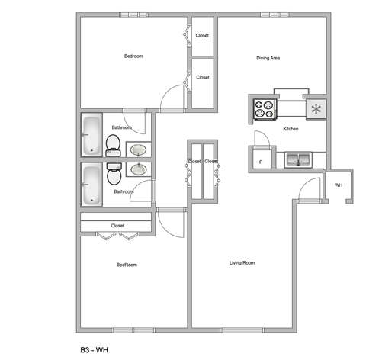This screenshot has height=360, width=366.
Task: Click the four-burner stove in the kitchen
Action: point(265,110)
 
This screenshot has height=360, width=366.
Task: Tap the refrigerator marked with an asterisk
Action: point(314,109)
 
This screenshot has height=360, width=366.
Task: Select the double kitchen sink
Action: point(297,159)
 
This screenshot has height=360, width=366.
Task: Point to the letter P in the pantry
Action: point(260,162)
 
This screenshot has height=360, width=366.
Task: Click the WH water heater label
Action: point(338,185)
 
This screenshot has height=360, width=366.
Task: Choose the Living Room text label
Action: point(242,263)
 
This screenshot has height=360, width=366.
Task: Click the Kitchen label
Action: point(291,129)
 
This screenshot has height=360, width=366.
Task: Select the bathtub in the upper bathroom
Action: point(91,135)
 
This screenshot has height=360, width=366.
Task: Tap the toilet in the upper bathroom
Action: point(113,143)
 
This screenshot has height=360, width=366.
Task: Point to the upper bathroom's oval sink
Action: point(138,150)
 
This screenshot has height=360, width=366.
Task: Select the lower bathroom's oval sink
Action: point(138,169)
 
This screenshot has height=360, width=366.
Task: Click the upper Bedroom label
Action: point(133,56)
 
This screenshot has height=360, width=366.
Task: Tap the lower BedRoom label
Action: point(127,265)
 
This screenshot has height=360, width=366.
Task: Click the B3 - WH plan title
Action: point(96,349)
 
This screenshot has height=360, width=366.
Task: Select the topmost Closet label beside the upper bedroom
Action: point(203,35)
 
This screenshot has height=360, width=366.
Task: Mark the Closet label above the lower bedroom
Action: point(117,226)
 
